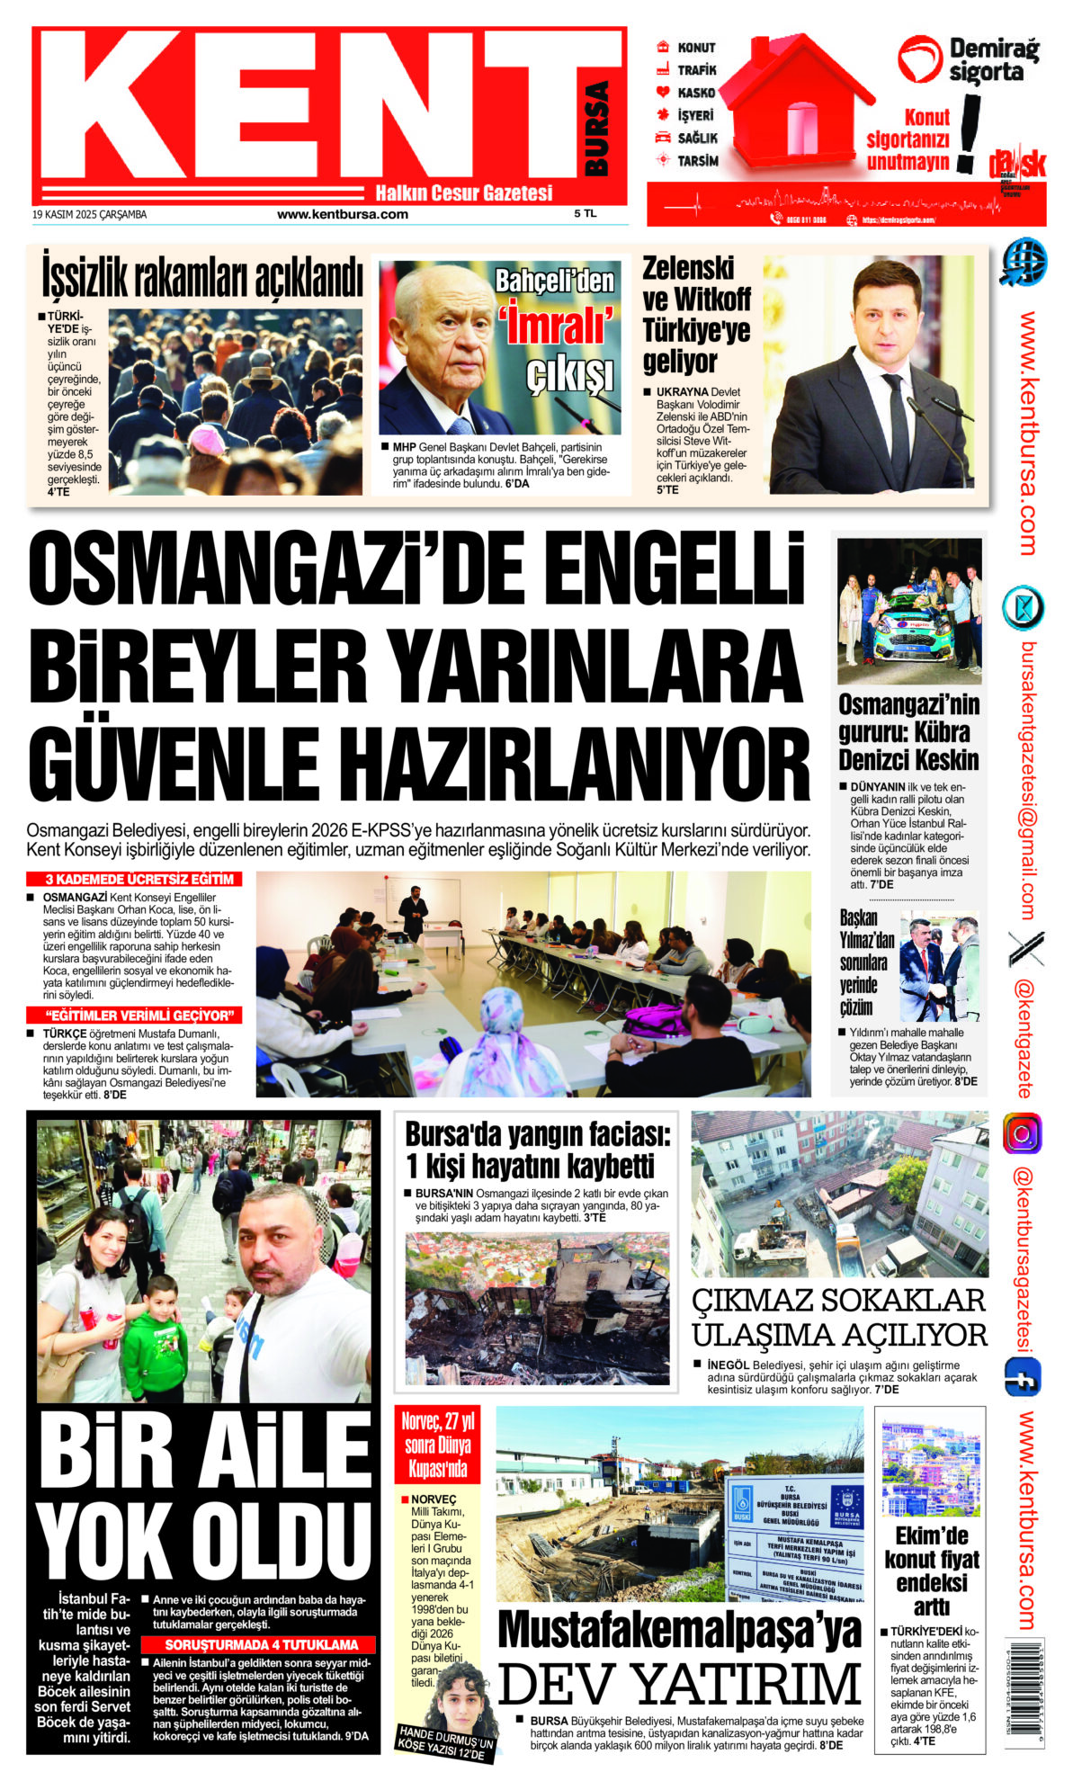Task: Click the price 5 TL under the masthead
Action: click(x=585, y=214)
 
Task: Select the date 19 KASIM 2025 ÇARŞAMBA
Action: click(x=89, y=215)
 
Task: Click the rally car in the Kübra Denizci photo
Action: click(x=909, y=630)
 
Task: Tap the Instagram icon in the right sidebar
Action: click(x=1023, y=1133)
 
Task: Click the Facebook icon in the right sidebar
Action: click(x=1023, y=1377)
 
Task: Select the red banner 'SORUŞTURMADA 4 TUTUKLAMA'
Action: click(x=261, y=1644)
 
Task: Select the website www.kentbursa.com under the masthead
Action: click(x=342, y=215)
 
